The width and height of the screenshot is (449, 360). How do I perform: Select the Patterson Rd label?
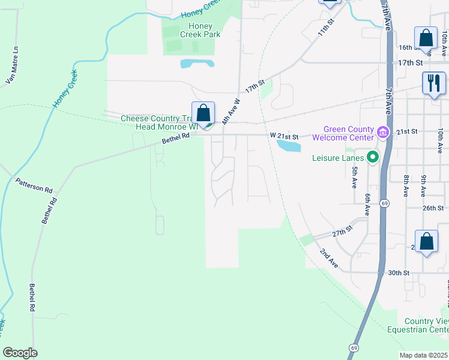(x=34, y=185)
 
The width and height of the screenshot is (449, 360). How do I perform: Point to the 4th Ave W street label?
(x=231, y=111)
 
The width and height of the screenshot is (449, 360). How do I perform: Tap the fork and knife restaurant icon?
(x=433, y=83)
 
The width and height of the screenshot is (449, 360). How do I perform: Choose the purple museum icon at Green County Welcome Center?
(x=382, y=131)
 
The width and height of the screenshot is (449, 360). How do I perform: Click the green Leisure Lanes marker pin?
(x=373, y=158)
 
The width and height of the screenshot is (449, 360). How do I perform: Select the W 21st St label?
(x=284, y=136)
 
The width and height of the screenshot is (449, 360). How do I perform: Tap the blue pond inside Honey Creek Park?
(x=197, y=63)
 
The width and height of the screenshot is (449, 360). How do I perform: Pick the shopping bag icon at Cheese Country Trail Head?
(x=203, y=113)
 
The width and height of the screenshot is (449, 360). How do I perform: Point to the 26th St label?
(x=432, y=208)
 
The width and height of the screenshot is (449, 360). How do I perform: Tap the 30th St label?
(x=398, y=272)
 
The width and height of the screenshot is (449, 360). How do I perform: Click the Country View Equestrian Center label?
(x=426, y=326)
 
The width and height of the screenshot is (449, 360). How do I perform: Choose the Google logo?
(x=20, y=353)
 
